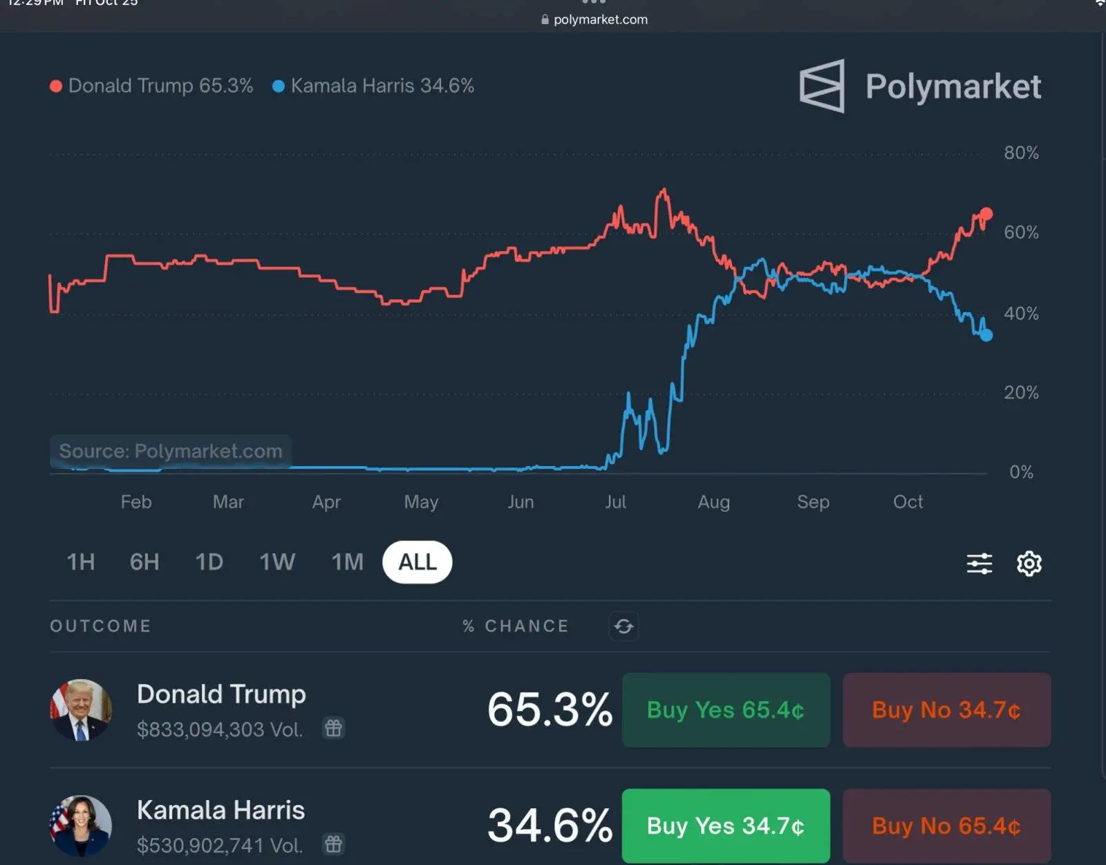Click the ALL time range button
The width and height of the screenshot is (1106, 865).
(x=417, y=562)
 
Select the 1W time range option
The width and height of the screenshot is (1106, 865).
(x=277, y=562)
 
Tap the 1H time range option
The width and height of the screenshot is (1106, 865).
(x=81, y=562)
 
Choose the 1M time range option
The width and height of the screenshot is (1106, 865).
(x=347, y=562)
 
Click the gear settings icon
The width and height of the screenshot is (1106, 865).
(x=1029, y=564)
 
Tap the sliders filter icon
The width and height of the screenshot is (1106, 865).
(x=979, y=564)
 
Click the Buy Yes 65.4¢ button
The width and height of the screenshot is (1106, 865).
(x=726, y=710)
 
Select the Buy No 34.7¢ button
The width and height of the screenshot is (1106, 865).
(x=946, y=710)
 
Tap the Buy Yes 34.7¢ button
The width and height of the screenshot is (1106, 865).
(x=726, y=826)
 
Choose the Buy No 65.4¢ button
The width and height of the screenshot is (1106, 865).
(x=946, y=826)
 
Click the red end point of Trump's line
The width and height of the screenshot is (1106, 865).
(x=986, y=214)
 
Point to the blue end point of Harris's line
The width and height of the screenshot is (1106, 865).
(x=986, y=335)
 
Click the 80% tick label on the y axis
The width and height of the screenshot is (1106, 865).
(x=1021, y=153)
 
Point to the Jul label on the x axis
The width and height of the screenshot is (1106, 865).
(x=615, y=502)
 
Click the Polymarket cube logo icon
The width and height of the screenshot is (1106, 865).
(x=823, y=86)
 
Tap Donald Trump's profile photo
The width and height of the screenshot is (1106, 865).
(x=81, y=710)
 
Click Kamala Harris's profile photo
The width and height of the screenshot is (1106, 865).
(x=81, y=826)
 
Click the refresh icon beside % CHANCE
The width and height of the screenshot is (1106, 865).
(x=624, y=626)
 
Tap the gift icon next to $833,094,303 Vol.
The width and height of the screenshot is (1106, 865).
(x=334, y=728)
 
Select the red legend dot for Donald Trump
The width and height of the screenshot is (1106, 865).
(x=56, y=86)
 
